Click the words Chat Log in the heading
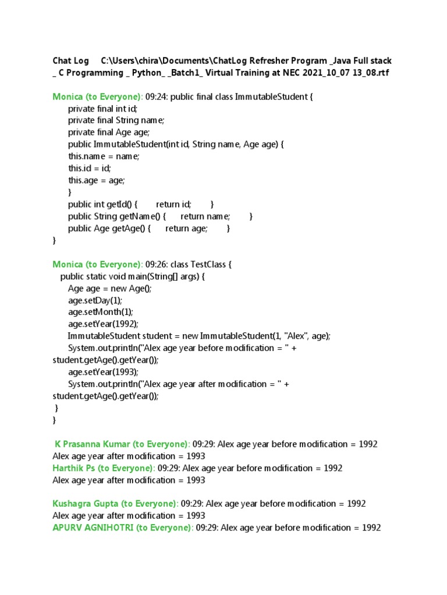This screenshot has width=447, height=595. point(71,60)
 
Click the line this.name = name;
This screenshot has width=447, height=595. point(104,156)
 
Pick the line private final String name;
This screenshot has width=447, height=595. point(116,120)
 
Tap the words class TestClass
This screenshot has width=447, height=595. point(201,264)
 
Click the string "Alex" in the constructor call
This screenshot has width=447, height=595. point(295,336)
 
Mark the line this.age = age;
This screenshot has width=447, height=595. point(97,180)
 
